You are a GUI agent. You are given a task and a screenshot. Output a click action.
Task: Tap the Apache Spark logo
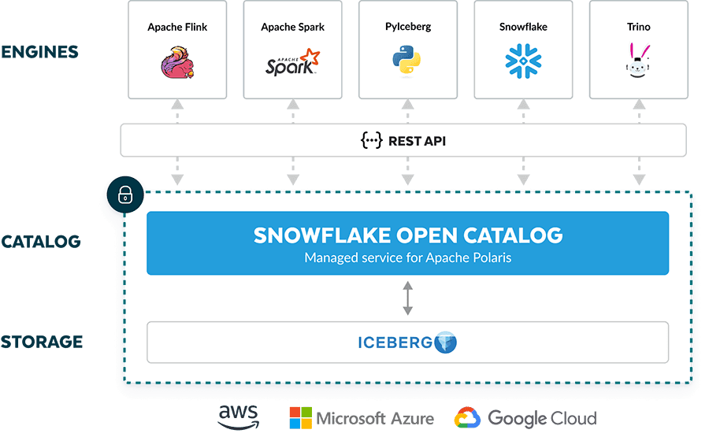[292, 61]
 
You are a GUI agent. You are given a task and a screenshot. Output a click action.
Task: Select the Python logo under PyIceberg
[407, 61]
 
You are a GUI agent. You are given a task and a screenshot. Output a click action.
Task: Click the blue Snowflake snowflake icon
[522, 61]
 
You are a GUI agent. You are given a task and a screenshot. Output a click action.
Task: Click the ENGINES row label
[39, 52]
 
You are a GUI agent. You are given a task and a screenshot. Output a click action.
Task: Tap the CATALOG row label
[41, 241]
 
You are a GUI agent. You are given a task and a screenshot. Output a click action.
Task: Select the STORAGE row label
[41, 342]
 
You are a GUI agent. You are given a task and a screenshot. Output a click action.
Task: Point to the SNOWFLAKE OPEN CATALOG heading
[407, 235]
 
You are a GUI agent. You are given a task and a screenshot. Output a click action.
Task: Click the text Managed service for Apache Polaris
[407, 257]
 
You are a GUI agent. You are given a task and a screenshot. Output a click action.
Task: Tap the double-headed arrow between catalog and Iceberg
[407, 298]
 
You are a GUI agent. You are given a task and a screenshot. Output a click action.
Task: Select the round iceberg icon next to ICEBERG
[445, 343]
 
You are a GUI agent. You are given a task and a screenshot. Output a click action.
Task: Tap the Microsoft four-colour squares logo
[300, 418]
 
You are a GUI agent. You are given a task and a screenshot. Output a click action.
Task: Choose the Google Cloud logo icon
[466, 418]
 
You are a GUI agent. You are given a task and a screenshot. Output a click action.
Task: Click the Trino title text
[638, 27]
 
